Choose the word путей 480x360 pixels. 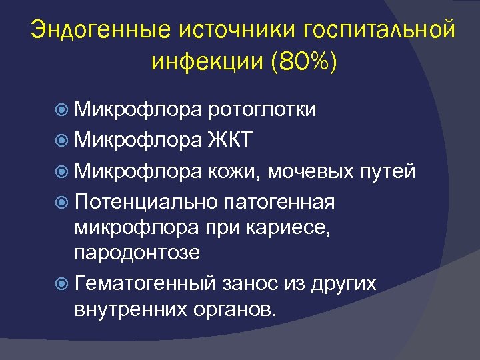[x=391, y=171]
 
